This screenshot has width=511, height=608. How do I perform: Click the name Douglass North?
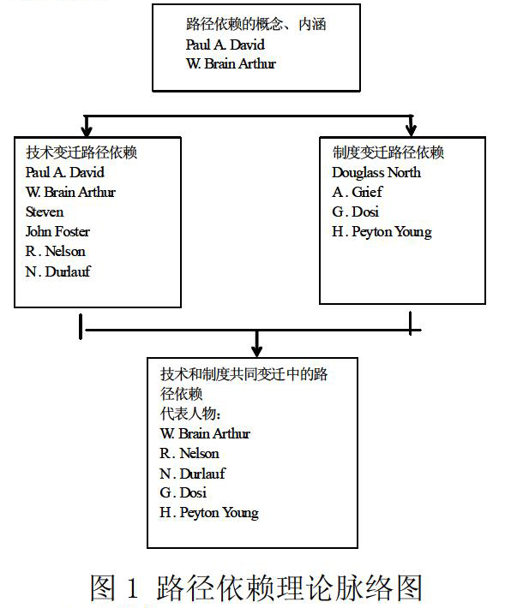coord(376,172)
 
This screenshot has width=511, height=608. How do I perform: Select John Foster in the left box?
coord(57,231)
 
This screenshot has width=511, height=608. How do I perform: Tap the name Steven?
coord(45,212)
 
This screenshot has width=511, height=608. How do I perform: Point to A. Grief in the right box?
coord(358,192)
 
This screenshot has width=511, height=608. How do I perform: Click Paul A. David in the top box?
coord(225,45)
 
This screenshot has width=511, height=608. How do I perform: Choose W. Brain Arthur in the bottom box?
coord(205,433)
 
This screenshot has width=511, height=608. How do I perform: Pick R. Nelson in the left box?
coord(55,251)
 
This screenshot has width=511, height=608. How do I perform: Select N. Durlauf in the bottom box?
coord(192,474)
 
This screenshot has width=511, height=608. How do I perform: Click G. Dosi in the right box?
coord(355,212)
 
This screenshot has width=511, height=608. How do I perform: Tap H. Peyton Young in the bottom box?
coord(209,513)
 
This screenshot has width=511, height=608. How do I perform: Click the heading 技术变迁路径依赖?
coord(81,152)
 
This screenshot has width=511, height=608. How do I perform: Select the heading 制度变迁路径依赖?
coord(388,152)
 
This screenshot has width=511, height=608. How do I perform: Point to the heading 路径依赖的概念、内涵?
coord(255,24)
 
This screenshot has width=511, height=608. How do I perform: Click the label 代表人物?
coord(190,414)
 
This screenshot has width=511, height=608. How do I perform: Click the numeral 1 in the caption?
coord(132,587)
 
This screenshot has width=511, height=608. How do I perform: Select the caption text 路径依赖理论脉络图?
coord(290,587)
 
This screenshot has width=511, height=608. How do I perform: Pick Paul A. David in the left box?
coord(65,172)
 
